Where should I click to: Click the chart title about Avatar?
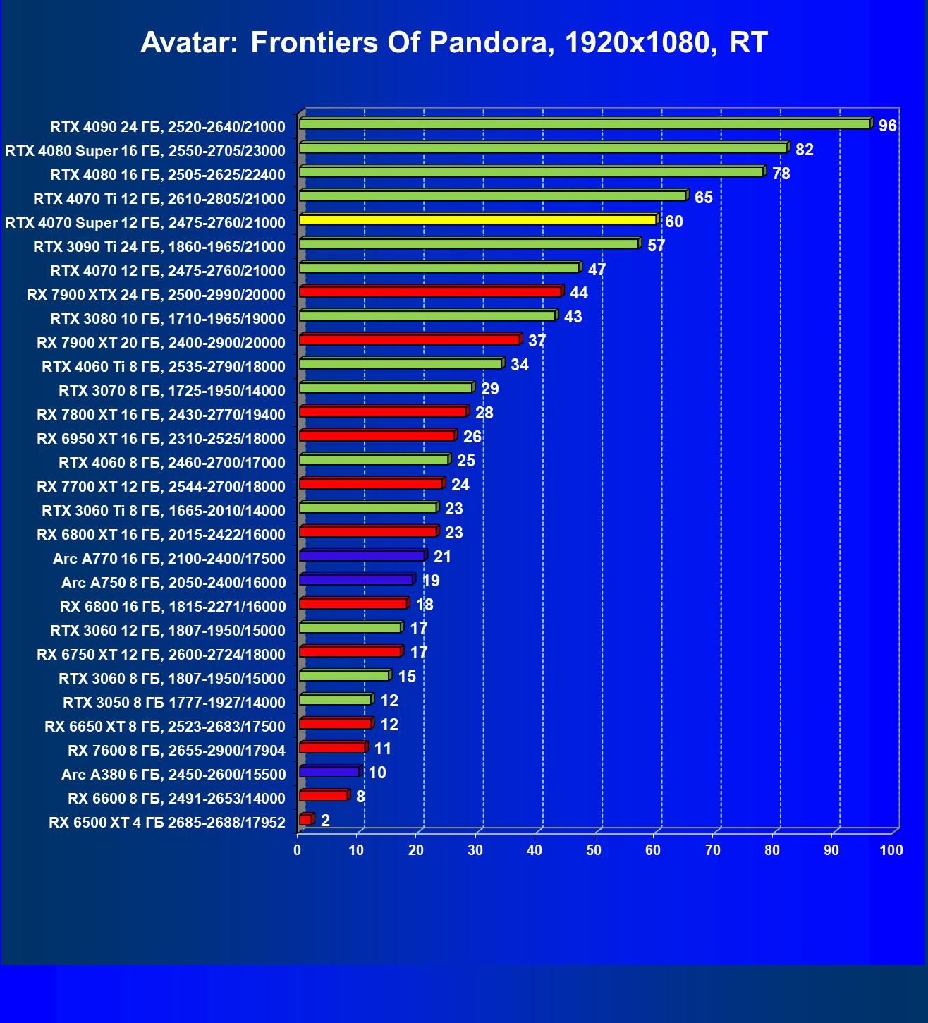(454, 43)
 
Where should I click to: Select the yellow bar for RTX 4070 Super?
(478, 220)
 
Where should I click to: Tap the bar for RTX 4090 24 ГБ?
(585, 124)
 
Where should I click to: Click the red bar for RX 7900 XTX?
(430, 292)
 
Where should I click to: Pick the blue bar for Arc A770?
(362, 556)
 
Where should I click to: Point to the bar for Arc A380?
(329, 772)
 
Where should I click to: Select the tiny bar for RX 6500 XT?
(305, 820)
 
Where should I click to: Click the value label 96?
(887, 126)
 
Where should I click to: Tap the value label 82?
(804, 150)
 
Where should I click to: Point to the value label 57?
(656, 246)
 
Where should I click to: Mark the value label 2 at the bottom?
(325, 821)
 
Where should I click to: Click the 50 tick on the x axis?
(594, 850)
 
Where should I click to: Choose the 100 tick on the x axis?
(891, 850)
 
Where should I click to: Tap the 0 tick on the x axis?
(298, 850)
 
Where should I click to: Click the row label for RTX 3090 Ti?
(159, 247)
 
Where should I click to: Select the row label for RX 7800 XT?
(161, 415)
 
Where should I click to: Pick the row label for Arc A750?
(173, 583)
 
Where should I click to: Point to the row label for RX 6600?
(176, 799)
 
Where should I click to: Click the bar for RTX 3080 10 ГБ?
(428, 316)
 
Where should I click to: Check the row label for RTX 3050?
(174, 703)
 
